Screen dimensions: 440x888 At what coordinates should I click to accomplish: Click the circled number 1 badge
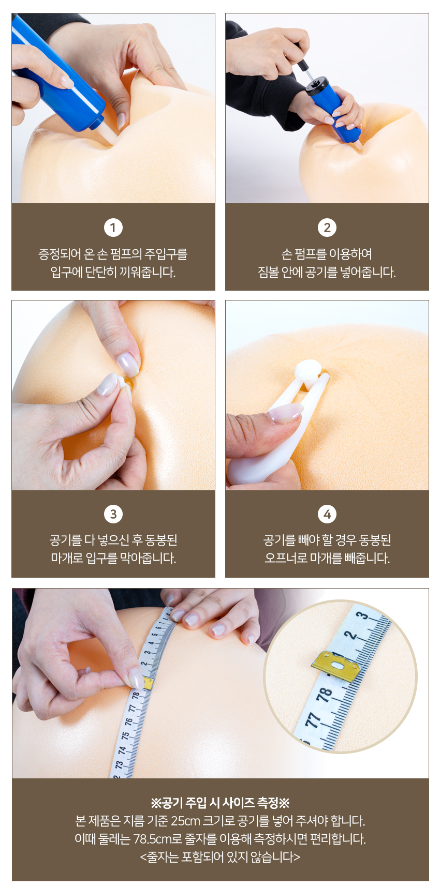113,228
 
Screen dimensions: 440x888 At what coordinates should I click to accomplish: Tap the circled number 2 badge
327,228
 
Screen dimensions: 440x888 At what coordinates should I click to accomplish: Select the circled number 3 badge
113,514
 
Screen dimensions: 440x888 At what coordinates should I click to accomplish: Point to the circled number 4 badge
327,514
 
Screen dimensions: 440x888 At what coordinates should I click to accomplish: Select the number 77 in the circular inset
312,720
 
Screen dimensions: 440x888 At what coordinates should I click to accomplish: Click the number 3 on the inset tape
362,616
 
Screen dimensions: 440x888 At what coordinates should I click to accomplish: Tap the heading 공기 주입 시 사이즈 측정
220,803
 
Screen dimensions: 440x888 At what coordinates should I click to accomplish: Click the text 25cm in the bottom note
185,821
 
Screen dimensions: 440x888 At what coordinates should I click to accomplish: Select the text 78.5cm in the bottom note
153,839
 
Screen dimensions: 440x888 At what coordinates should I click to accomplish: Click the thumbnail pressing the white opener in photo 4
284,413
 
